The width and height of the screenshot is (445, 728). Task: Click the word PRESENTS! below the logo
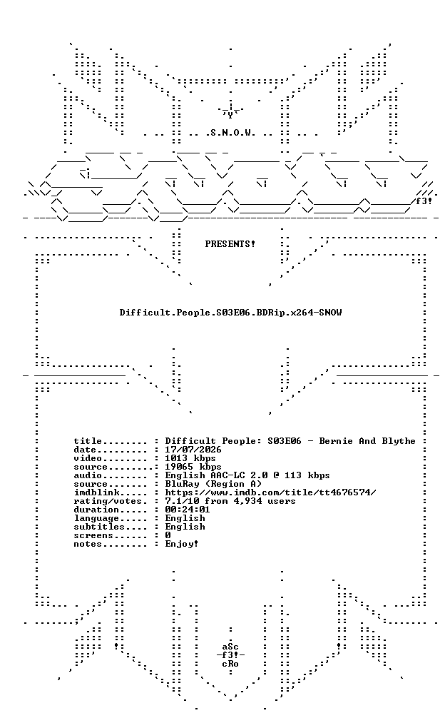(x=230, y=244)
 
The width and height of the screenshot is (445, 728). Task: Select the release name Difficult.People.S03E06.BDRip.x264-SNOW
(x=230, y=313)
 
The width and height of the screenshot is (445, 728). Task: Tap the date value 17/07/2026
(x=193, y=450)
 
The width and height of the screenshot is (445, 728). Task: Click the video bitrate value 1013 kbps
(x=190, y=458)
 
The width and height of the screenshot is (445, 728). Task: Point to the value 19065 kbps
(x=193, y=467)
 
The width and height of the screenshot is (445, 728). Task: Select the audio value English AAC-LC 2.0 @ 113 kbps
(x=247, y=475)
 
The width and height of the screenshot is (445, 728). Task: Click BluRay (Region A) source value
(x=213, y=484)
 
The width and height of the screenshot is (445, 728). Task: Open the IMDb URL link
(x=270, y=492)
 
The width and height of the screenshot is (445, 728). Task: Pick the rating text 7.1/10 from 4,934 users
(x=230, y=501)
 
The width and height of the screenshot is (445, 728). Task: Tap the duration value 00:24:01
(x=188, y=510)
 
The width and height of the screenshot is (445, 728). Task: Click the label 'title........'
(x=111, y=441)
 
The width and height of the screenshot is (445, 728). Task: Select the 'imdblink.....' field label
(x=111, y=492)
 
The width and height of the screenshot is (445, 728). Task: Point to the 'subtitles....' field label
(x=111, y=527)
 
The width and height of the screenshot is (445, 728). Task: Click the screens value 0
(x=168, y=535)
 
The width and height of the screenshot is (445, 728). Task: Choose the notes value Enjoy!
(x=182, y=544)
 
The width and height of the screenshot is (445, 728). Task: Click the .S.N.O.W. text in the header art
(x=230, y=133)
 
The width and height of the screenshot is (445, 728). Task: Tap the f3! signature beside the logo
(x=424, y=201)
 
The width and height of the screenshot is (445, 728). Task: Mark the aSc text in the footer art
(x=230, y=647)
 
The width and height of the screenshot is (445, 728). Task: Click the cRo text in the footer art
(x=230, y=664)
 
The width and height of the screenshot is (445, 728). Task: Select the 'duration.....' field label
(x=111, y=510)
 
